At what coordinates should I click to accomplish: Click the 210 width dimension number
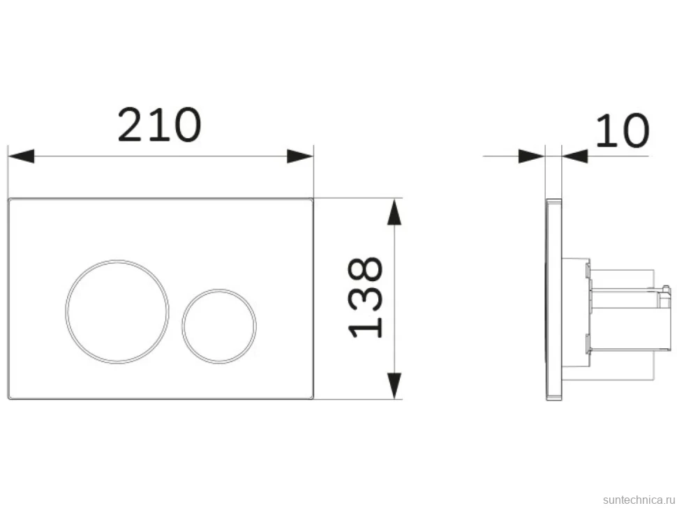pos(159,125)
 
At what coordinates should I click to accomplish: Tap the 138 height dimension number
pos(365,297)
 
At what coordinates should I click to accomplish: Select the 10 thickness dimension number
pos(622,130)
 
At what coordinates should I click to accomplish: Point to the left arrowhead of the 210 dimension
pos(21,156)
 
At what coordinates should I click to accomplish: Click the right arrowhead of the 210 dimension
pos(300,156)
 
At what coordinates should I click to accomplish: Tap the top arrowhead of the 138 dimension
pos(394,211)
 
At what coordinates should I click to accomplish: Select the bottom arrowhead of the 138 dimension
pos(394,386)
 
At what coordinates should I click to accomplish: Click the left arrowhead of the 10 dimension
pos(532,156)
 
